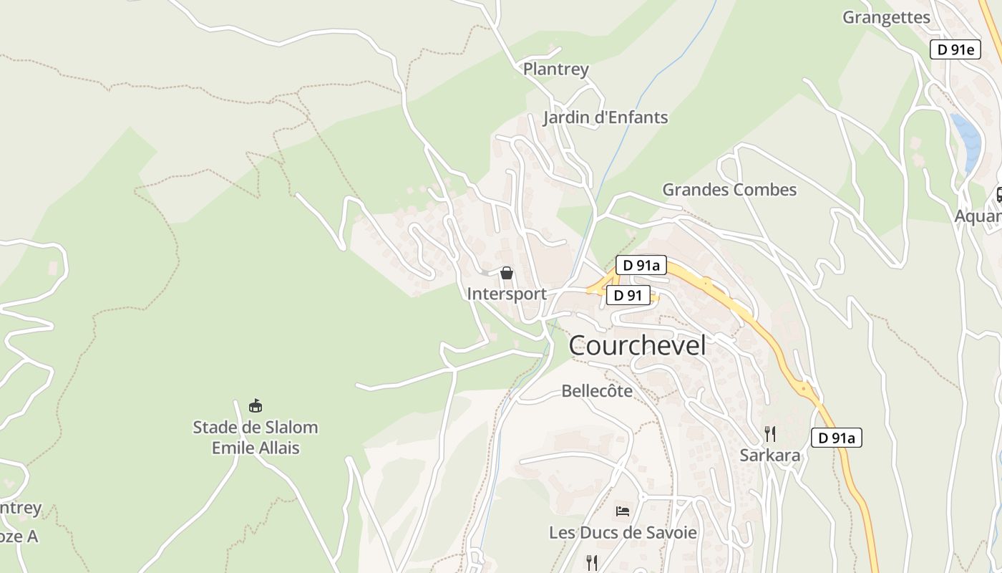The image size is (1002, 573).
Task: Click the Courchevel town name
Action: (x=637, y=346)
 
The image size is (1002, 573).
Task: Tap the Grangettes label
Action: (x=886, y=18)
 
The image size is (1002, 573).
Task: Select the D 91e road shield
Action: (x=955, y=49)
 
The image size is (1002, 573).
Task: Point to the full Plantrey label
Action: (x=555, y=69)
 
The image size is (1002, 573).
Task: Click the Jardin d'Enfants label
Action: (x=605, y=117)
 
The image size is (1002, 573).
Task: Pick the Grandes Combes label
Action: (x=729, y=190)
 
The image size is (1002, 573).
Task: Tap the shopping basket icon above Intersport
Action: (x=507, y=273)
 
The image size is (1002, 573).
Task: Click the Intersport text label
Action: (x=507, y=294)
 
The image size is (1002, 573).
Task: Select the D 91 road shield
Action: (x=628, y=295)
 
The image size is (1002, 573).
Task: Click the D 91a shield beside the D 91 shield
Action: (x=641, y=265)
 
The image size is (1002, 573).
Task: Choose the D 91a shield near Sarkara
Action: (x=836, y=438)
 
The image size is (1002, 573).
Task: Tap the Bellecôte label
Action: (x=597, y=391)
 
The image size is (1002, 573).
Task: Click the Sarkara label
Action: (x=770, y=456)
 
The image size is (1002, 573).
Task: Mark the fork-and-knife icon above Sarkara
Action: (x=769, y=433)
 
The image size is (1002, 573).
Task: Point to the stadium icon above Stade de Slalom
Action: (x=255, y=406)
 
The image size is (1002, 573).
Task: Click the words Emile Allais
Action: (x=256, y=448)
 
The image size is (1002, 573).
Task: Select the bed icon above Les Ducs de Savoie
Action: (x=623, y=511)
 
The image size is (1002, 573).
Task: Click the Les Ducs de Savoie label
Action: (x=623, y=533)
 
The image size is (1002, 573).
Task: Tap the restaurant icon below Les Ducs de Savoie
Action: (x=591, y=562)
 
